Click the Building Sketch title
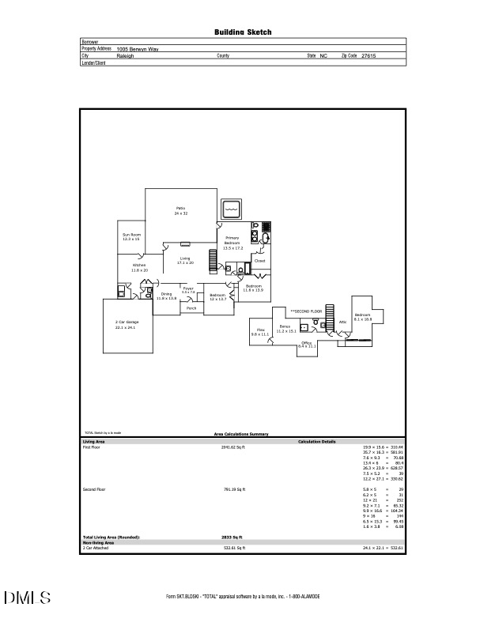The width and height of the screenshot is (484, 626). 243,32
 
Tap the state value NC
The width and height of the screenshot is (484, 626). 323,56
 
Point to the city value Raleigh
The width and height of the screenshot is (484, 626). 125,56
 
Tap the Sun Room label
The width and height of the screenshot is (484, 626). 131,236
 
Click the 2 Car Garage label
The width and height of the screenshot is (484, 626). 127,323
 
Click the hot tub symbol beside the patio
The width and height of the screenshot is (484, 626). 232,209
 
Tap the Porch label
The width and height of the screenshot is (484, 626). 191,308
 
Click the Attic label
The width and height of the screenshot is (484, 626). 342,322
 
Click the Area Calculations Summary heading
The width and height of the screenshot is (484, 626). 242,435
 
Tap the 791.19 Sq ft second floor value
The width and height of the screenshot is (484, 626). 235,490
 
